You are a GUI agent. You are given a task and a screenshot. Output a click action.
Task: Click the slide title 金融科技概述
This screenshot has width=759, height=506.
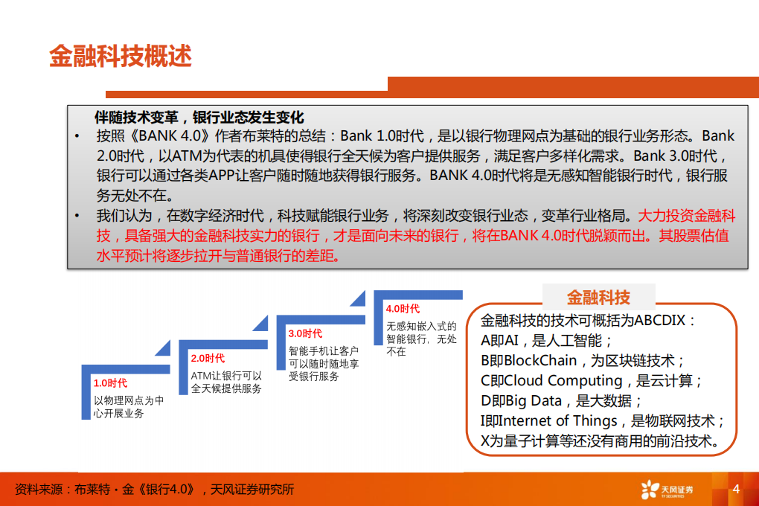click(x=121, y=57)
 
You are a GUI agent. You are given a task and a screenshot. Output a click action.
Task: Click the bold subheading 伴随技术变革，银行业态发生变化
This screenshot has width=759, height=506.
click(x=199, y=118)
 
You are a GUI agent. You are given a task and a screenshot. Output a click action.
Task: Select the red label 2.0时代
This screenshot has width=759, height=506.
click(x=208, y=358)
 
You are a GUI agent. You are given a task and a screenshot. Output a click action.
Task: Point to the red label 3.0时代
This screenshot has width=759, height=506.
click(x=305, y=333)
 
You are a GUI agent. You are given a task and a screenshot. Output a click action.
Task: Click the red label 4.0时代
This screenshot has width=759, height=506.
click(x=403, y=309)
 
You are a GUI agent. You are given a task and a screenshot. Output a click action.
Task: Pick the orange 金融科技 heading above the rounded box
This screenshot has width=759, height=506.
click(x=598, y=298)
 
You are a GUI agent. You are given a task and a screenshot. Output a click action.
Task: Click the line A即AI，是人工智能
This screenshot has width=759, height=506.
click(x=546, y=341)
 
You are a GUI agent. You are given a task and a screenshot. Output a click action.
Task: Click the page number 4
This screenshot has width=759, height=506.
click(x=736, y=489)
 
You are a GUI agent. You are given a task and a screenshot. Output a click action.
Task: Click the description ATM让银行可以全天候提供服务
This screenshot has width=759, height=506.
click(x=226, y=382)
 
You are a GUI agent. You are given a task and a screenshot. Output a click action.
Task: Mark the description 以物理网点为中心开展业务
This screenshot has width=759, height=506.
click(x=128, y=406)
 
